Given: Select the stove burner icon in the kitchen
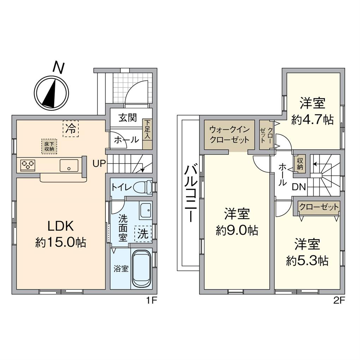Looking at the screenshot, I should coord(28,165).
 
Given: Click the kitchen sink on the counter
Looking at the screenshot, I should coord(69,165).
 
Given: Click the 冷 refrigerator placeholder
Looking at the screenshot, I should coord(71,129).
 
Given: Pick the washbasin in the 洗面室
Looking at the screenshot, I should coord(145,211).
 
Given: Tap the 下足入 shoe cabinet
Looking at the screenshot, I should coord(147,134).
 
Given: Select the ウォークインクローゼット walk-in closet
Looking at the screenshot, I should coord(229,134).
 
